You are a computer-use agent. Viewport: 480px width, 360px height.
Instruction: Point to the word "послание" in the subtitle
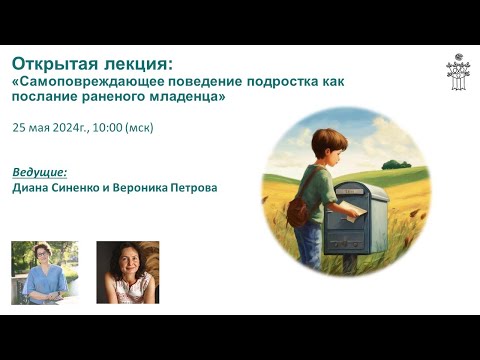coord(46,98)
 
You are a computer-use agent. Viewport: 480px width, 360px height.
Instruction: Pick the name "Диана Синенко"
coord(52,187)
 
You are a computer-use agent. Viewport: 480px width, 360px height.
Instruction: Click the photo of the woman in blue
coord(44,272)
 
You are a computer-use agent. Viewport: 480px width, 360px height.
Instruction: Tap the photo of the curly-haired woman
coord(127,272)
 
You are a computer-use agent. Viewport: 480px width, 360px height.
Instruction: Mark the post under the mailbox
coord(350,263)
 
